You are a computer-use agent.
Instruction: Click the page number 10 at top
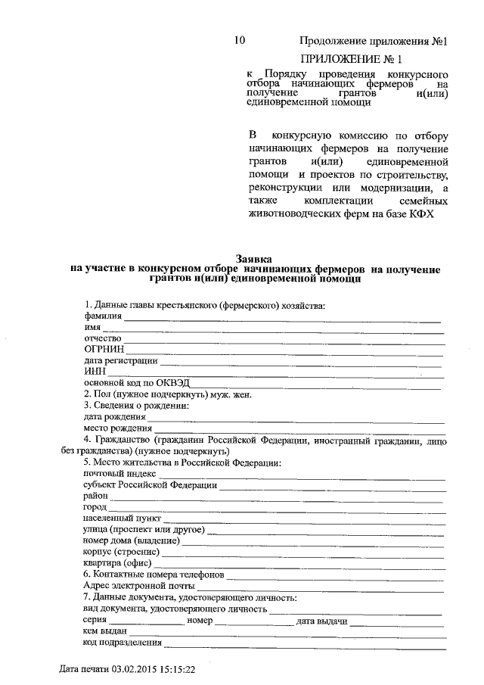[x=240, y=40]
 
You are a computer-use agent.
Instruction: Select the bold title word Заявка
[x=255, y=258]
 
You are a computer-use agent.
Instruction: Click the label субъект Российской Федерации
[x=150, y=484]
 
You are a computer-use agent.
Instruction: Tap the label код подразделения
[x=123, y=643]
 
